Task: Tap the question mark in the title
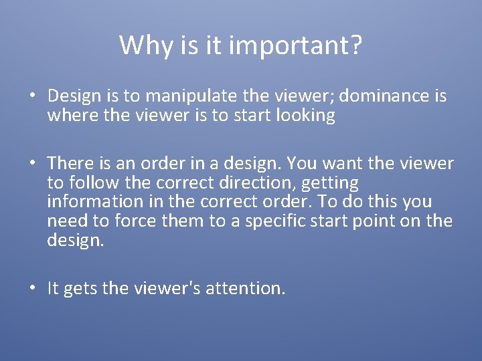355,45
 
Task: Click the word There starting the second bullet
68,164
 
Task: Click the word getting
331,183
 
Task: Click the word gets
80,289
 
